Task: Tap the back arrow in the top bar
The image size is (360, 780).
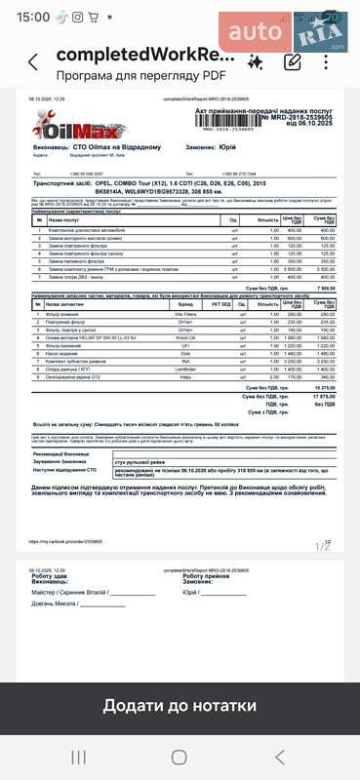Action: pyautogui.click(x=33, y=62)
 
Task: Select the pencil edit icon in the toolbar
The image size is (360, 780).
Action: pyautogui.click(x=292, y=62)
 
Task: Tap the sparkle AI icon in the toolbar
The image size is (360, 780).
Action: pyautogui.click(x=255, y=62)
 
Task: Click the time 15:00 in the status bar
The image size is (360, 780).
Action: pyautogui.click(x=33, y=17)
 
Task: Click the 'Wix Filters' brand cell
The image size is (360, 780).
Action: pyautogui.click(x=185, y=315)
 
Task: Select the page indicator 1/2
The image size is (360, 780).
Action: pyautogui.click(x=323, y=545)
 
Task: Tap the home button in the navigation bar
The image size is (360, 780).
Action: pyautogui.click(x=180, y=757)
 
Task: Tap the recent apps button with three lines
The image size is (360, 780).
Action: pyautogui.click(x=79, y=757)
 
